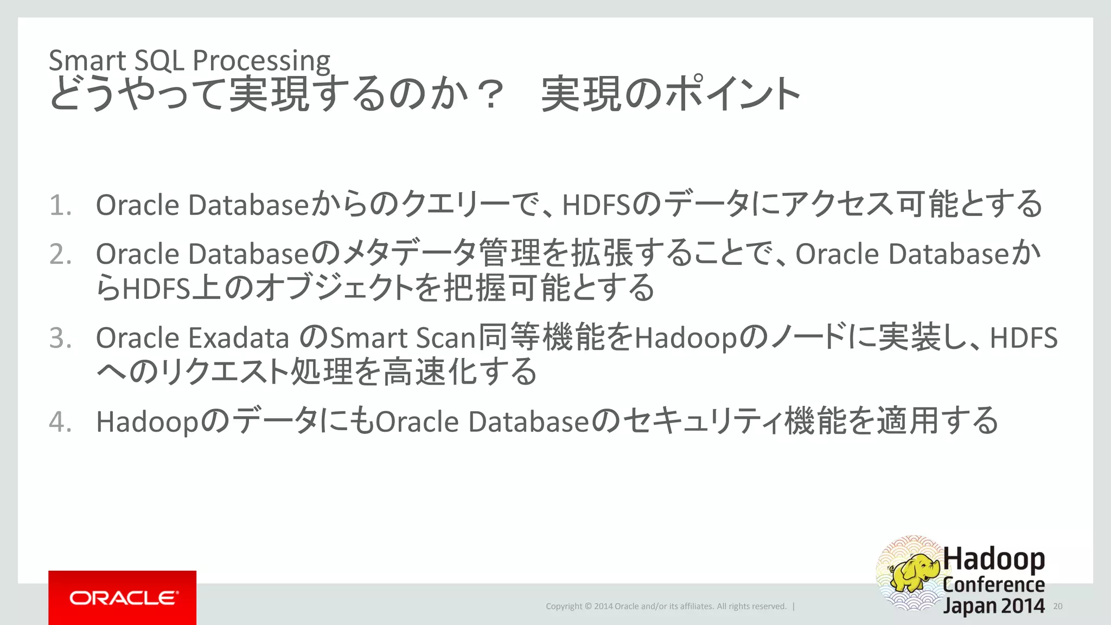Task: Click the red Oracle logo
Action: point(122,597)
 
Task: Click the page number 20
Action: point(1057,606)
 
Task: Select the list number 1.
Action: point(60,206)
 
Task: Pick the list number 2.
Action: point(60,254)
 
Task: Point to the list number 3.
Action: point(60,338)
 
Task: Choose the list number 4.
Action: point(60,422)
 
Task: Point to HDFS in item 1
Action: point(597,206)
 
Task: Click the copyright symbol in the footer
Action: point(588,607)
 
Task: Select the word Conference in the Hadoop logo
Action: point(994,584)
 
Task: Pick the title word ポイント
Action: point(732,95)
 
